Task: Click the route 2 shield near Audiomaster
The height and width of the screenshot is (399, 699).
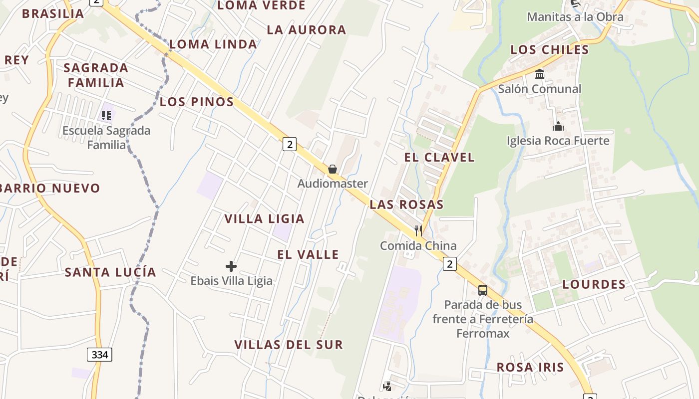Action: [x=289, y=144]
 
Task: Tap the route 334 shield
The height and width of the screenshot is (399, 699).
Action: [x=100, y=355]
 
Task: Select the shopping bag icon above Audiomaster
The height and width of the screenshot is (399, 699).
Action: [x=333, y=169]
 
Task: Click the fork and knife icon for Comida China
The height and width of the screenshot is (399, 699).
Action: [x=418, y=230]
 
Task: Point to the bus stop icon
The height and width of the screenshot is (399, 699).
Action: [x=483, y=290]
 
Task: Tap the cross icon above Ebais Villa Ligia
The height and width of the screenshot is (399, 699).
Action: [x=231, y=266]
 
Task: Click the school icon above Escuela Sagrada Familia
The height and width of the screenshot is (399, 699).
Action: [x=106, y=116]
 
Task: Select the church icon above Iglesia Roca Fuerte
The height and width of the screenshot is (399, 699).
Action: [x=558, y=126]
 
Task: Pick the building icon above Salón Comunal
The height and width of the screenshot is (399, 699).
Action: [x=540, y=74]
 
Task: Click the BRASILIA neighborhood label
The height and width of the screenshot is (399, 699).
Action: [x=53, y=13]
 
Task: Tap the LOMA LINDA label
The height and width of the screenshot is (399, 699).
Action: [x=213, y=44]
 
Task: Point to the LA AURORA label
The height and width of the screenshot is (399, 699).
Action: [x=306, y=29]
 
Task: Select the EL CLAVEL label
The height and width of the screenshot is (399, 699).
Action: [x=439, y=157]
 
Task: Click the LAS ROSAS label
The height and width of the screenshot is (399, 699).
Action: [x=406, y=204]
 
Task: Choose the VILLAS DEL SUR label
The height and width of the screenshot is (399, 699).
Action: [x=289, y=344]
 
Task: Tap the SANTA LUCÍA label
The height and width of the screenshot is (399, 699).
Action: [x=110, y=272]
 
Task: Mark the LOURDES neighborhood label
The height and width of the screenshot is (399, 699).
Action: [x=594, y=284]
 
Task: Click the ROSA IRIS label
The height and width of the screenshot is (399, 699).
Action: [x=530, y=367]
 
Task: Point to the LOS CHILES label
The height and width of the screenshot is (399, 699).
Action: [x=550, y=49]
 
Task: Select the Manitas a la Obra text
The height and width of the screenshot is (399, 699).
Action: [x=575, y=17]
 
